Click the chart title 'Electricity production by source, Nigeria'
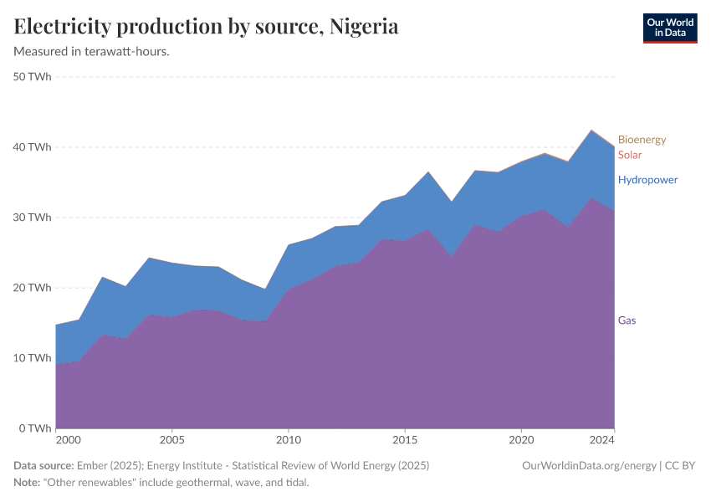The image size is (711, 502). coord(206,27)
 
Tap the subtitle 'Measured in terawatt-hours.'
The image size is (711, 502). coord(92,52)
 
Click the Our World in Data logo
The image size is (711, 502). coord(669,28)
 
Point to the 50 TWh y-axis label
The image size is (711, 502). coord(33,77)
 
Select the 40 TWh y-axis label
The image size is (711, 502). coord(33,147)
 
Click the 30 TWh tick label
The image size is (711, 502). coord(33,218)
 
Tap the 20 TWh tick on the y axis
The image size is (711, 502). coord(33,288)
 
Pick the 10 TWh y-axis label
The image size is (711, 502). coord(33,358)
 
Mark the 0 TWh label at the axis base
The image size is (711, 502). coord(35,428)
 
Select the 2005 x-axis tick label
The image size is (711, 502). coord(171,440)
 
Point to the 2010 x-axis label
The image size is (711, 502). coord(289,440)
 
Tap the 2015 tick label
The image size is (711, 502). coord(405,440)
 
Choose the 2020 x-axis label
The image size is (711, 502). coord(521,440)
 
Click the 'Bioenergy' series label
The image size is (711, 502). coord(642,140)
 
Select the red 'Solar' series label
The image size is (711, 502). coord(630,155)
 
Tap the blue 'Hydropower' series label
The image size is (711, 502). coord(647,180)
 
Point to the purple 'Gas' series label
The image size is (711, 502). coord(627,320)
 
